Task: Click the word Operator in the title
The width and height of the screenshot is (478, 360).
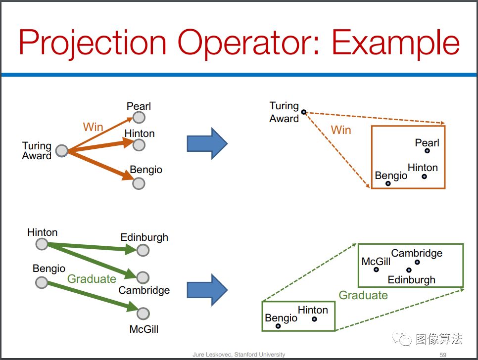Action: (248, 43)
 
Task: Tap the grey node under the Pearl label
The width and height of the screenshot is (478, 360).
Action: (139, 118)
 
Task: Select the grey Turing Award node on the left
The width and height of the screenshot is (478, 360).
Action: (62, 150)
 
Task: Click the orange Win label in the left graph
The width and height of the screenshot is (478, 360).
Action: (93, 127)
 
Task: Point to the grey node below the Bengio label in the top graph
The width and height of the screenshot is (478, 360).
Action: (139, 183)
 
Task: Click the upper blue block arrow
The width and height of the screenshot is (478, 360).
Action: (207, 143)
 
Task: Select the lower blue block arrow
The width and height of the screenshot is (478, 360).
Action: (207, 290)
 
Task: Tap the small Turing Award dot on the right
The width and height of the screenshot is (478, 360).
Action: (304, 112)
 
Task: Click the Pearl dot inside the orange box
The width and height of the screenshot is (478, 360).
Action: (428, 151)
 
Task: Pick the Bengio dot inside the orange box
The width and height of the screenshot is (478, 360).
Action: (388, 183)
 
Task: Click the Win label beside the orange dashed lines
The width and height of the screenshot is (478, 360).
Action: (341, 130)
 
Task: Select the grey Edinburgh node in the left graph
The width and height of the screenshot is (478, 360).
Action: (143, 250)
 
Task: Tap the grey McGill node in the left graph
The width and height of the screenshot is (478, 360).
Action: (143, 314)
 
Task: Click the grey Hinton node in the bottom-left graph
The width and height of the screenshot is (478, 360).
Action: (42, 244)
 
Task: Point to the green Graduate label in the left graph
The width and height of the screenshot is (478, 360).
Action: (92, 279)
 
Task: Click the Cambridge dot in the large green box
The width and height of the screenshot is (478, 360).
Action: (417, 262)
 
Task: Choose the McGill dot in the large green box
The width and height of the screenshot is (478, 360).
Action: (377, 270)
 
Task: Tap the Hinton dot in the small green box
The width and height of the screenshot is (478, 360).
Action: (314, 319)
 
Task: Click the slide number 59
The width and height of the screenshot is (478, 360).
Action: (443, 355)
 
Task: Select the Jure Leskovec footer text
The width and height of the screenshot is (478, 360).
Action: (239, 355)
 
